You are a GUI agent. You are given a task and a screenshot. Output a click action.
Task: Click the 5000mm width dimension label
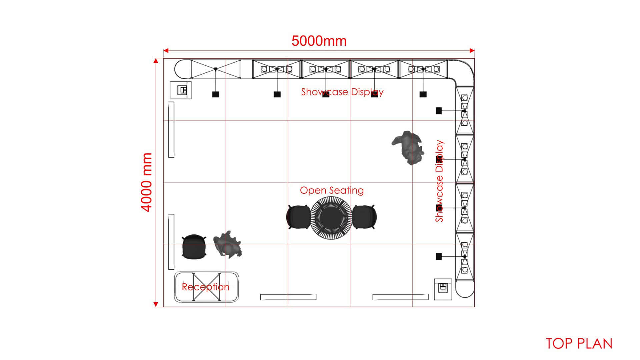pos(319,41)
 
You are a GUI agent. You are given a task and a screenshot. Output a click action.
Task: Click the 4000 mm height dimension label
pos(146,182)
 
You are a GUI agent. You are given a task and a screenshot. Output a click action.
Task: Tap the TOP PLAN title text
pos(579,344)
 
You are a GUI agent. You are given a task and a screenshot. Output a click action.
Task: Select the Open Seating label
pos(332,190)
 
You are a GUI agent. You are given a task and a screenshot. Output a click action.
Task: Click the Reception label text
pos(206,287)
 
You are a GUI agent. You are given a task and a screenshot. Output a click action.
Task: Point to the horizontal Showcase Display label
pos(342,92)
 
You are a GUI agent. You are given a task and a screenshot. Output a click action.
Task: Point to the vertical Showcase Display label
pos(440,181)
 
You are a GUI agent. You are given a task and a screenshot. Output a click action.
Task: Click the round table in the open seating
pos(331,217)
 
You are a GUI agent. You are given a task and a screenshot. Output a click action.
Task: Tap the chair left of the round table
pos(298,217)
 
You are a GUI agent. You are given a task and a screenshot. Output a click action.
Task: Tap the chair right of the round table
pos(364,217)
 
